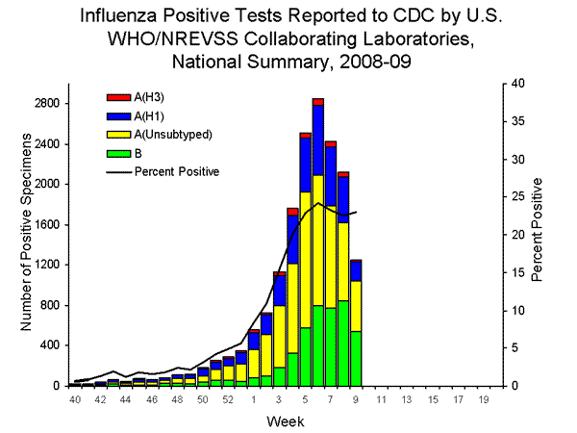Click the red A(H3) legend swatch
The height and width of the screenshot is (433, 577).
pos(117,96)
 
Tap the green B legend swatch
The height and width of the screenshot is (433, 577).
pos(117,154)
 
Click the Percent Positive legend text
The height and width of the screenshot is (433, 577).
pos(177,172)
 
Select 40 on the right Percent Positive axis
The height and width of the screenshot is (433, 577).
pos(518,84)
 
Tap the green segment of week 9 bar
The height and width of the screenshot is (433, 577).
pos(355,358)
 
